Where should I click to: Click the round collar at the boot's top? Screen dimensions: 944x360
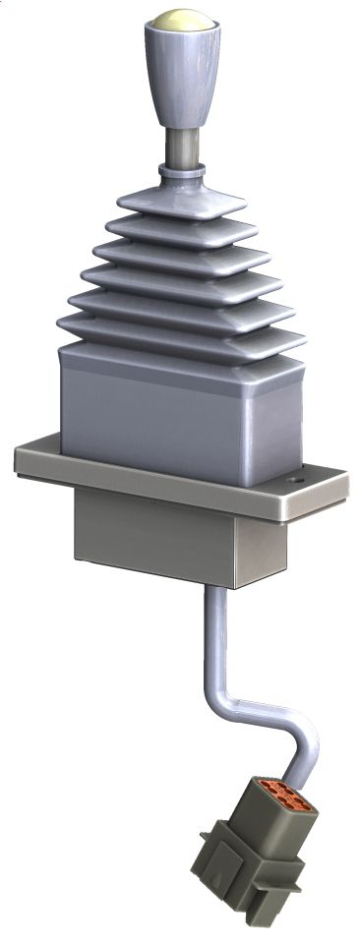click(181, 174)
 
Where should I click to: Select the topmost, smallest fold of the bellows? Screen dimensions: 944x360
click(181, 202)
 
